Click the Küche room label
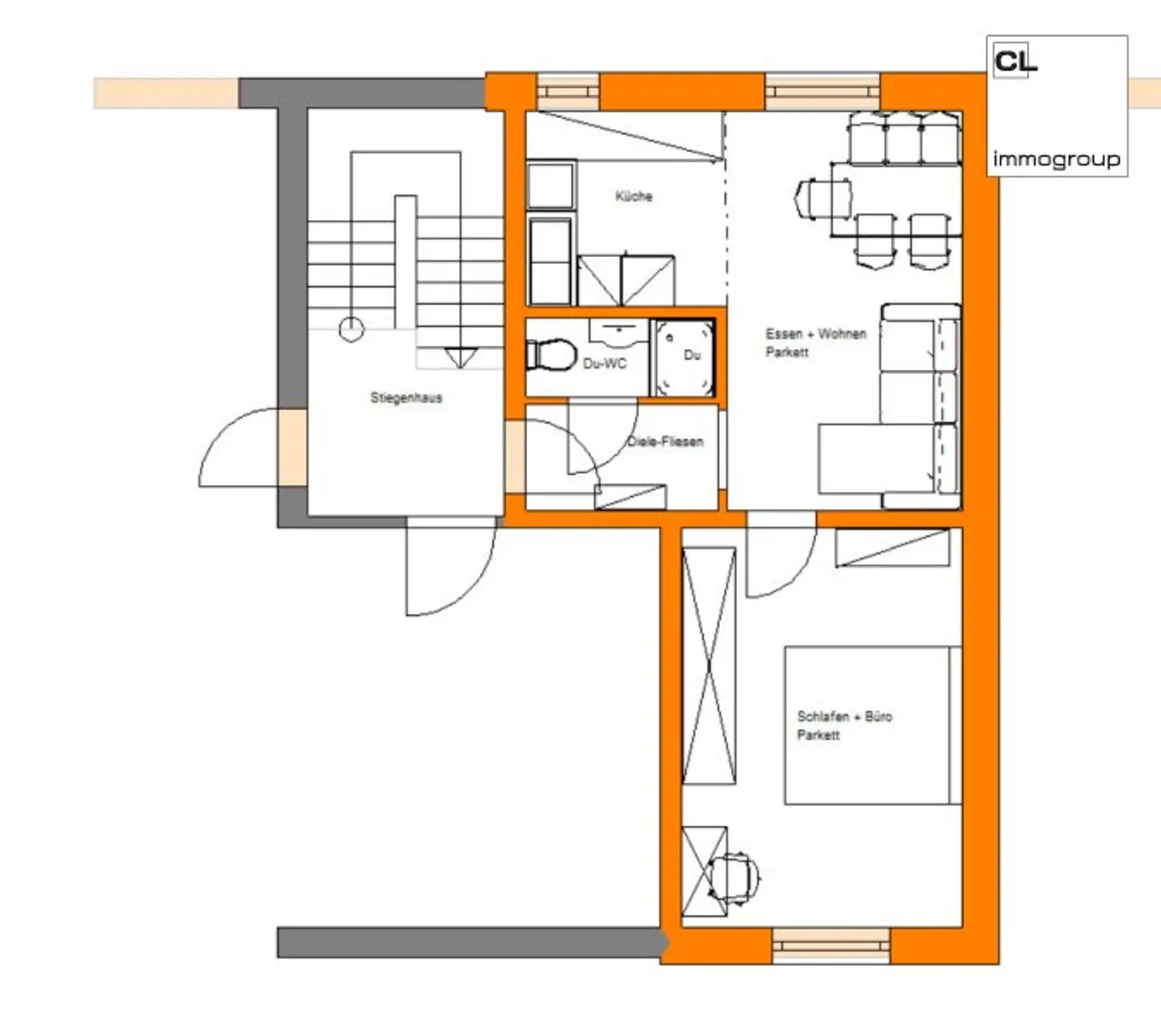point(633,197)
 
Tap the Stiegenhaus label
point(406,398)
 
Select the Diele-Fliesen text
point(665,442)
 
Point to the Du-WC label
point(605,364)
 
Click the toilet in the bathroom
point(551,355)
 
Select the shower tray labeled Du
point(683,358)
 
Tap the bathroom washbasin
point(619,330)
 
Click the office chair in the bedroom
point(733,877)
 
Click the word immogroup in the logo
point(1056,159)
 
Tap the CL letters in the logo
point(1015,61)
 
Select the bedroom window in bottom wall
point(831,946)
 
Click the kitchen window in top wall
point(568,91)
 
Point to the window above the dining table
point(822,92)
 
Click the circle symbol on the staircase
point(351,329)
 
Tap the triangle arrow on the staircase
point(460,357)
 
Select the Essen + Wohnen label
point(816,334)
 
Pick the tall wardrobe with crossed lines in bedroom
point(709,665)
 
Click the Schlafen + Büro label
point(844,716)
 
